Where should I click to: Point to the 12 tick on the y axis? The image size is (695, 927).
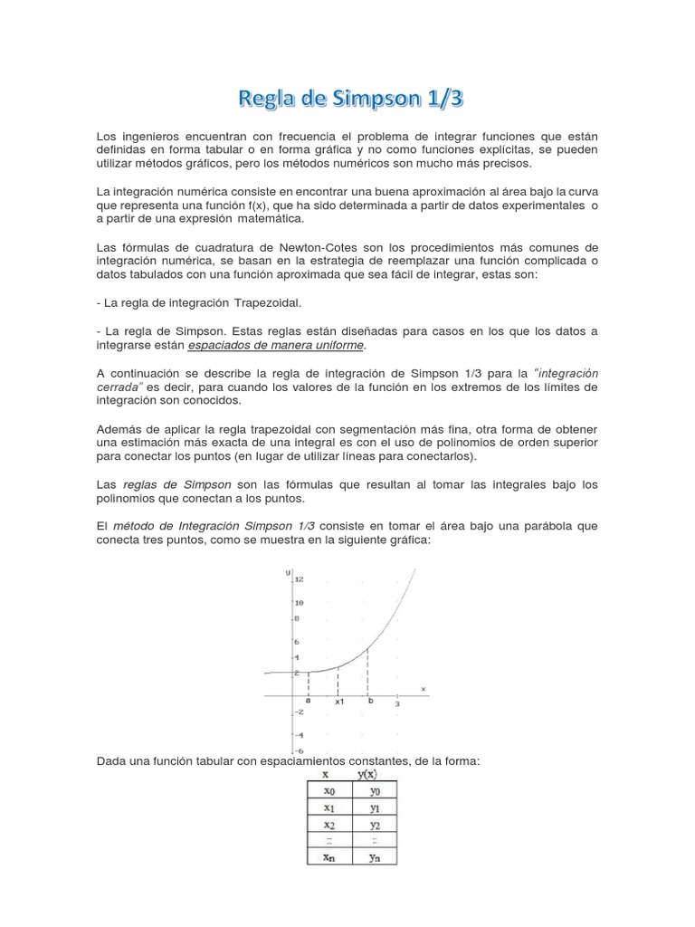pos(298,579)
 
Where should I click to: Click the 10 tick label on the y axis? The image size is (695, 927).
pos(298,603)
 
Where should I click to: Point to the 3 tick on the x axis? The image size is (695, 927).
pos(397,703)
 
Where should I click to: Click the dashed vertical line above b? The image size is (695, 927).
pos(367,670)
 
